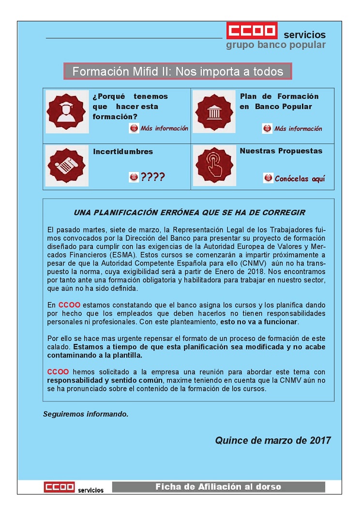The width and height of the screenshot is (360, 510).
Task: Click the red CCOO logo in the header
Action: tap(252, 30)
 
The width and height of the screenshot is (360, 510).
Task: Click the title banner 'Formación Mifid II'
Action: tap(178, 72)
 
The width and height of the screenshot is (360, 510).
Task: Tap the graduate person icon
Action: tap(68, 112)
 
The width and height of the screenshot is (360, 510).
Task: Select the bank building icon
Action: tap(214, 112)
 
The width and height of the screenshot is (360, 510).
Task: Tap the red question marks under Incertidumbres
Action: tap(152, 177)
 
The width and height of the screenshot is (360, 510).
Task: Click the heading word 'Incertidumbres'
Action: tap(123, 152)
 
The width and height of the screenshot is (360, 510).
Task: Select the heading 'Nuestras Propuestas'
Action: tap(281, 151)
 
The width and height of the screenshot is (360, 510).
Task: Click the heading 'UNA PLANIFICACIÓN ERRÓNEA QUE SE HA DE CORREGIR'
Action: tap(189, 213)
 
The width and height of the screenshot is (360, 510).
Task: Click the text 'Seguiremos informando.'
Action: tap(86, 414)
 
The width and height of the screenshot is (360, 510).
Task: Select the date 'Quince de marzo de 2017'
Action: tap(273, 440)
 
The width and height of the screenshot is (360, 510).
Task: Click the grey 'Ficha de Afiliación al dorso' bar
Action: tap(218, 487)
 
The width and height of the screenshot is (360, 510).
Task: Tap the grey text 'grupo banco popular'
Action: tap(276, 45)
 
